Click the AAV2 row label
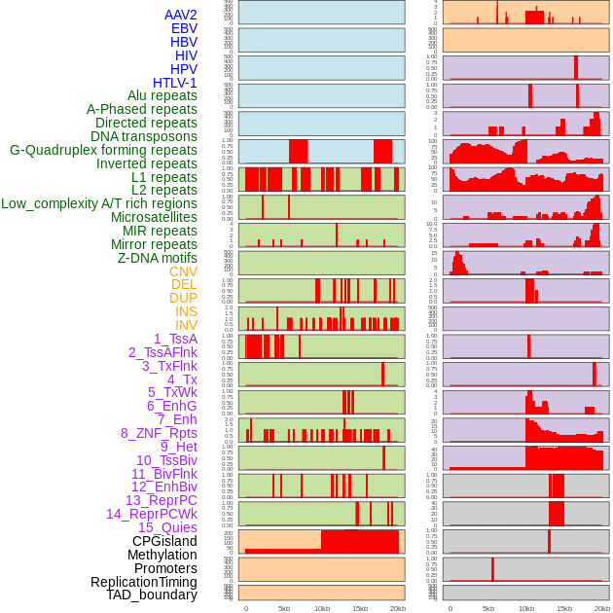click(x=181, y=15)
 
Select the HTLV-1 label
click(x=175, y=83)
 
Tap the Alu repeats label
click(x=162, y=95)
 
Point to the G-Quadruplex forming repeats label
click(x=103, y=150)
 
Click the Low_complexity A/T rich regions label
click(x=99, y=203)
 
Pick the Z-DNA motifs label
click(x=158, y=258)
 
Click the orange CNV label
click(x=183, y=271)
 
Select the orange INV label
click(x=186, y=325)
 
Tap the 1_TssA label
click(x=175, y=339)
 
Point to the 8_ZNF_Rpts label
click(x=159, y=433)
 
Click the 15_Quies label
click(x=167, y=527)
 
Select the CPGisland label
click(x=164, y=541)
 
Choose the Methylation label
click(x=162, y=555)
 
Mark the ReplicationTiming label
click(x=144, y=582)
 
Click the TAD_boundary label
click(x=152, y=595)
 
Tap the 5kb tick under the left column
click(x=284, y=608)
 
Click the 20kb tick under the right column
click(x=602, y=608)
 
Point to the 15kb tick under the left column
click(x=360, y=608)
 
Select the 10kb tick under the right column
click(x=526, y=608)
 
